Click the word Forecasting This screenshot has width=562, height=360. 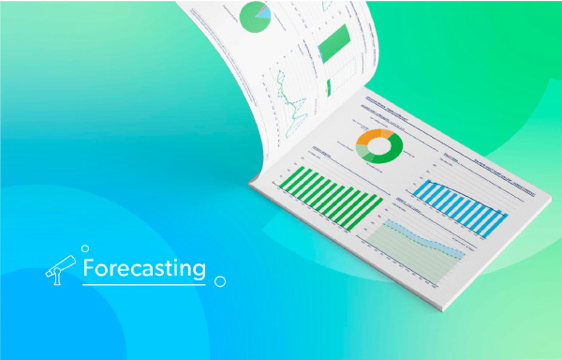pos(143,268)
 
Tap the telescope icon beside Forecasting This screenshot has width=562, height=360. pos(61,270)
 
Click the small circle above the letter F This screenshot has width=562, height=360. pos(85,248)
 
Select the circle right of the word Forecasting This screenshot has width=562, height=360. pos(219,280)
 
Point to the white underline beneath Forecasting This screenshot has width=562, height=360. pos(142,283)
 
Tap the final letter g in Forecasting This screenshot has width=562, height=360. pos(199,271)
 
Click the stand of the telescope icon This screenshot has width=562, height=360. pos(59,277)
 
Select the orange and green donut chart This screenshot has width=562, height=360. pos(379,145)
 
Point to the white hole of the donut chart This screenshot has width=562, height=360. pos(379,145)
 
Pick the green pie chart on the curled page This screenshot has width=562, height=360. pos(255,14)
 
